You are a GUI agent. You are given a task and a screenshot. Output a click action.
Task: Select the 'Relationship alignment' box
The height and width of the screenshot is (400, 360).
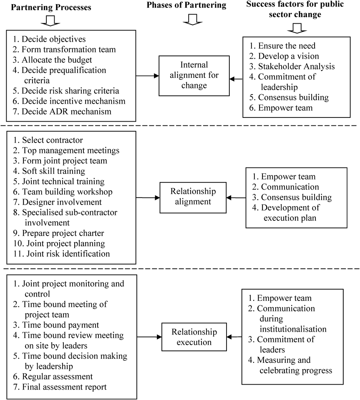click(193, 197)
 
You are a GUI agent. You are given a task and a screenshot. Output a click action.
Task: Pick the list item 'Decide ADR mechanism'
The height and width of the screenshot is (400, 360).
click(62, 111)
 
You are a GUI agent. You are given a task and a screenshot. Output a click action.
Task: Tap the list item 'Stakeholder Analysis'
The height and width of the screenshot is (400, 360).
click(292, 66)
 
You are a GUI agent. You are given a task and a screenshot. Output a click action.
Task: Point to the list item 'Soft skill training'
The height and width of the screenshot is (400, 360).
click(49, 171)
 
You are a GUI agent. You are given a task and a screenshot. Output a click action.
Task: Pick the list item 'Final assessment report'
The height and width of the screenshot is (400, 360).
click(60, 387)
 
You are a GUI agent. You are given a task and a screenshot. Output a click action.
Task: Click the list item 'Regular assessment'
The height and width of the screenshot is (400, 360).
click(53, 376)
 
